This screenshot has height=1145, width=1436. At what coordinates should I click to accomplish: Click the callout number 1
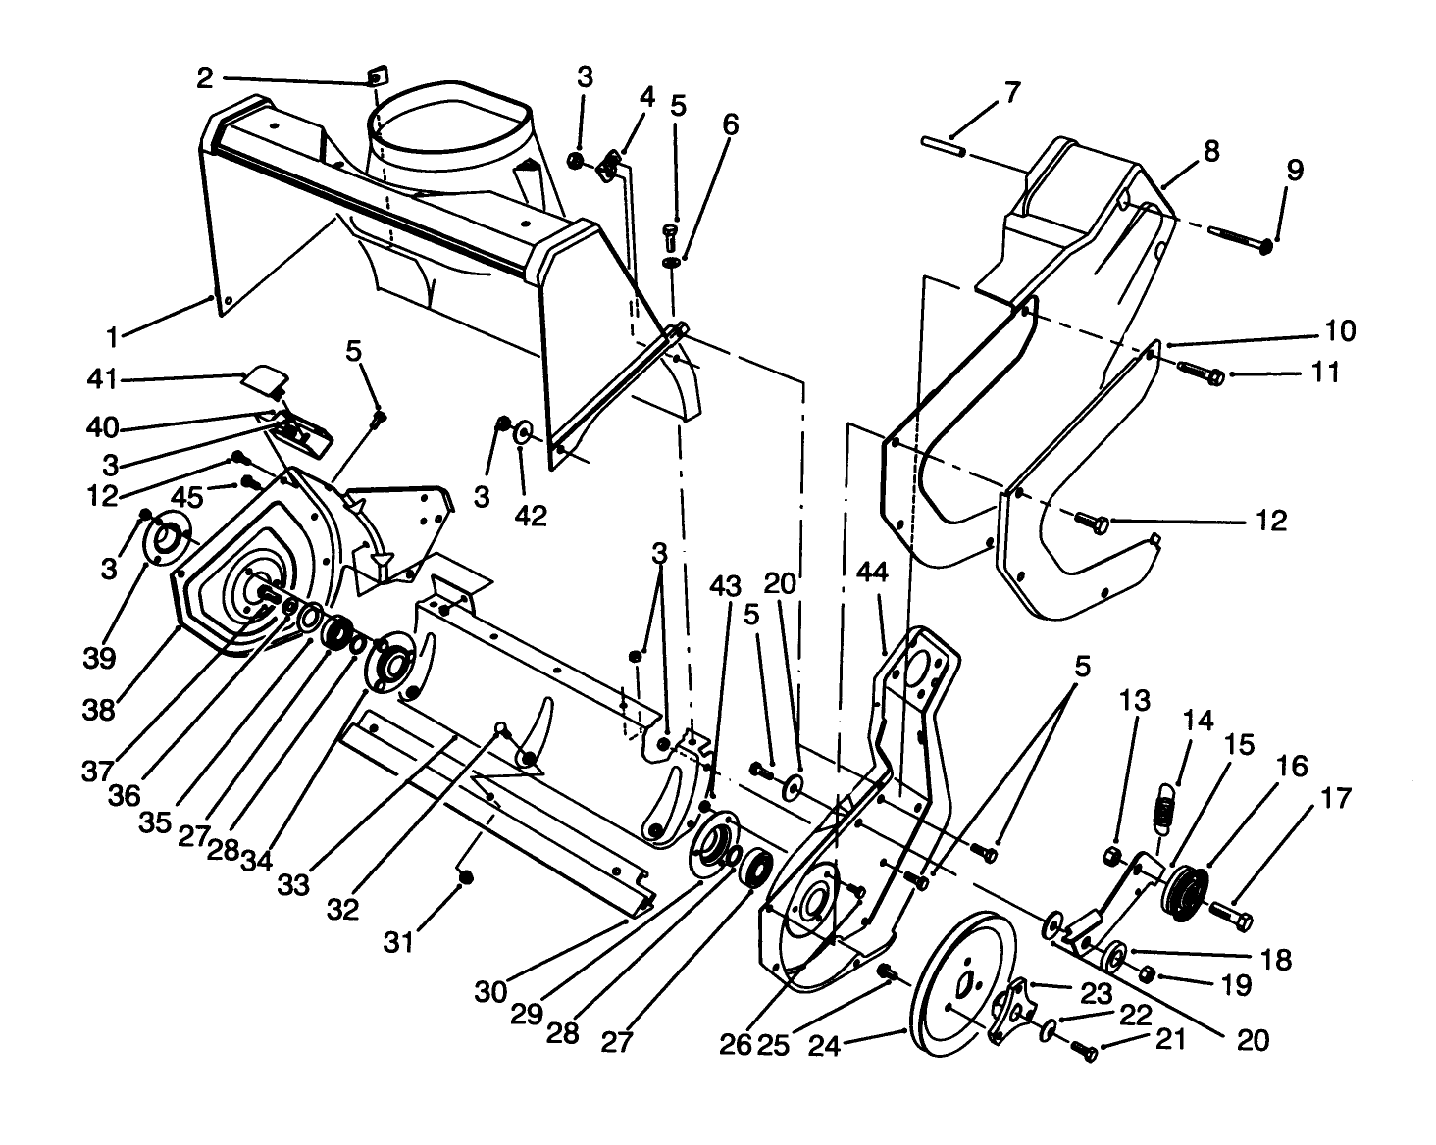[113, 338]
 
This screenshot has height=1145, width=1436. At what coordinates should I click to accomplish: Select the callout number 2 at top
[205, 78]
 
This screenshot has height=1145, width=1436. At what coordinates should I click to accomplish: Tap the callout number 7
[1011, 93]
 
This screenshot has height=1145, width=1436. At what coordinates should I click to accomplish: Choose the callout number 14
[1198, 722]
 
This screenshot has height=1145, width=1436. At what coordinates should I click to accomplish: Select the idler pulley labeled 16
[1184, 889]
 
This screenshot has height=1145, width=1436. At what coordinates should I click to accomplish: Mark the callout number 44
[872, 572]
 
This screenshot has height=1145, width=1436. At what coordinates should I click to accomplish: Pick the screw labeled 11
[1201, 373]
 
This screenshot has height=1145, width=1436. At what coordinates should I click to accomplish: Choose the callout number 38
[99, 710]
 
